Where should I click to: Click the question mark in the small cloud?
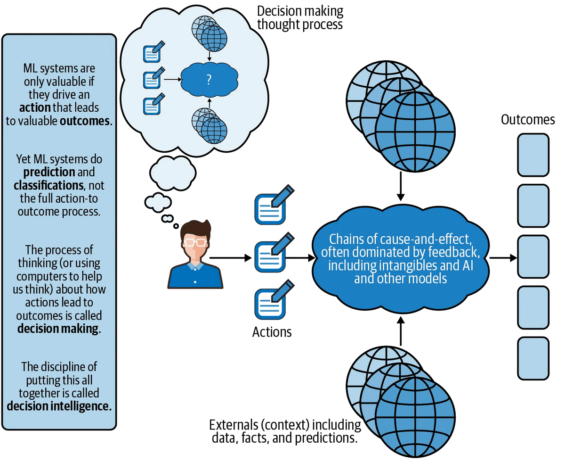coord(209,80)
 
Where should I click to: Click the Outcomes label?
coord(528,120)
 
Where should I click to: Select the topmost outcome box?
coord(533,155)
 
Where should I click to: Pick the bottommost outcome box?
coord(533,358)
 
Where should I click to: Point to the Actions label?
coord(272,332)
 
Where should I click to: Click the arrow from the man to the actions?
coord(231,258)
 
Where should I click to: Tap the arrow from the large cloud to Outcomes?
coord(503,258)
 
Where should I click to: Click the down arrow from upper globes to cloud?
coord(400,186)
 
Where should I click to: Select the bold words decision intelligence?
coord(59,406)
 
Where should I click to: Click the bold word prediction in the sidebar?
coord(43,172)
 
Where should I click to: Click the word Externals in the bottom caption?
coord(232,425)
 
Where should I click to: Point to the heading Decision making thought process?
coord(300,17)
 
